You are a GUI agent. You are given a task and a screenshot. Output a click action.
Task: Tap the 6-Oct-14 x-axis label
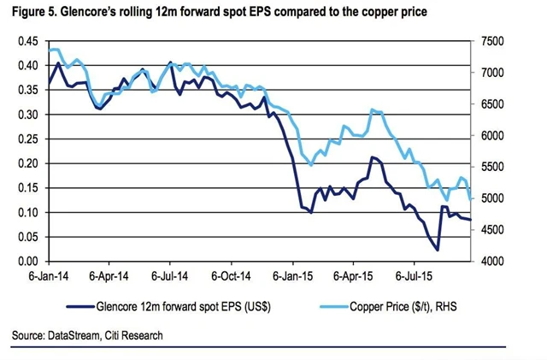[x=231, y=278]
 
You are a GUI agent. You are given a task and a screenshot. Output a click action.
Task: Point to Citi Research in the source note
[x=132, y=335]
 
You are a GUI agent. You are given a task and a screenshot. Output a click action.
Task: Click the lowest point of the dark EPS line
[x=438, y=250]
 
